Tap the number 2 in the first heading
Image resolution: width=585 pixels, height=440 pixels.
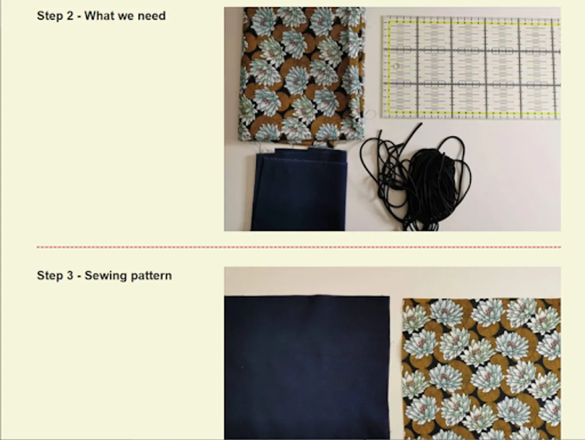point(70,16)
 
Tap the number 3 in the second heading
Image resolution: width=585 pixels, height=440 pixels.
point(70,275)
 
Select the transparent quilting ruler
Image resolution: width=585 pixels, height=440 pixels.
point(471,67)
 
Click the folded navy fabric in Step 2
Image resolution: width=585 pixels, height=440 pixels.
point(299,189)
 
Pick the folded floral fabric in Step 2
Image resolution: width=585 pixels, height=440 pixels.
point(302,75)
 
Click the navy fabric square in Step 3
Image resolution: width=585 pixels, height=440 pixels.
point(307,367)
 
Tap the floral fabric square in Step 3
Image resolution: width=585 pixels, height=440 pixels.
point(482,369)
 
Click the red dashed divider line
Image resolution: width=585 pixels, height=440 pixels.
point(299,247)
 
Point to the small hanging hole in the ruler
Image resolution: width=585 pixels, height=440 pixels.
point(396,66)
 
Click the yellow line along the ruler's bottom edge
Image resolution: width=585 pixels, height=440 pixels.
point(474,113)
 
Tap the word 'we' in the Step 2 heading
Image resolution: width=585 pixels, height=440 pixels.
point(126,16)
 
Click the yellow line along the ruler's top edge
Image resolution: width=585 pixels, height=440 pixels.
point(474,23)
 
